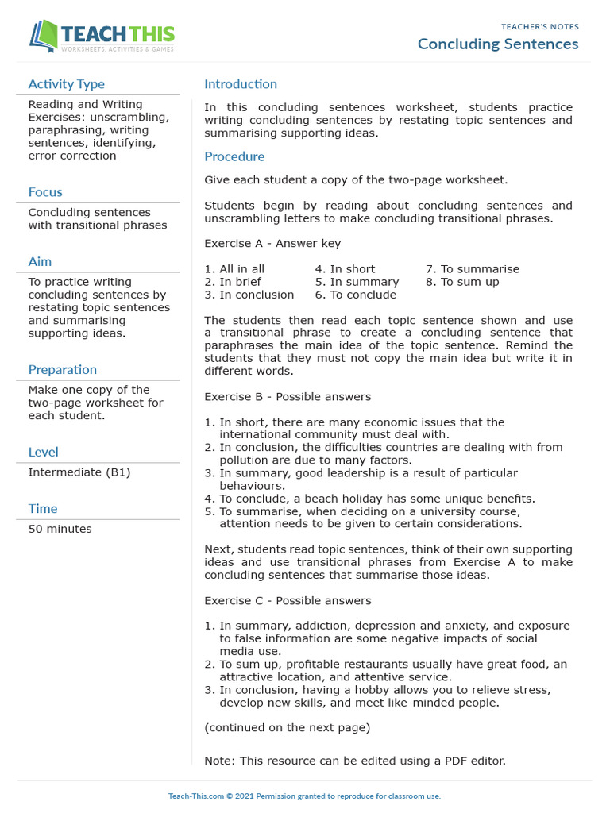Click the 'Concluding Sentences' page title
pyautogui.click(x=498, y=44)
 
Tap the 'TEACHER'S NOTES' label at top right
pyautogui.click(x=539, y=27)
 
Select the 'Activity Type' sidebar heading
pyautogui.click(x=66, y=84)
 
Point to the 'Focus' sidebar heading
pyautogui.click(x=45, y=192)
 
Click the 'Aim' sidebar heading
pyautogui.click(x=40, y=261)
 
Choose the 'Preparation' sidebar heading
pyautogui.click(x=62, y=369)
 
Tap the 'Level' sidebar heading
pyautogui.click(x=43, y=452)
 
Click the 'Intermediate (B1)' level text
pyautogui.click(x=79, y=472)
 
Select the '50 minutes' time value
pyautogui.click(x=60, y=529)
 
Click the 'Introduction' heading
pyautogui.click(x=241, y=84)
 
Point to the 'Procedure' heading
pyautogui.click(x=234, y=156)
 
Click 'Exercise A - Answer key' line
pyautogui.click(x=272, y=244)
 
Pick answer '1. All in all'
pyautogui.click(x=234, y=269)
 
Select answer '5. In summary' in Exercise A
pyautogui.click(x=357, y=282)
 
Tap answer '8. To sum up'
pyautogui.click(x=462, y=282)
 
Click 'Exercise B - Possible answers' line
pyautogui.click(x=288, y=397)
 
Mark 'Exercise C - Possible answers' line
pyautogui.click(x=288, y=601)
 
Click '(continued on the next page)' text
pyautogui.click(x=287, y=727)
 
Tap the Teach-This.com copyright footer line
pyautogui.click(x=304, y=796)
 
